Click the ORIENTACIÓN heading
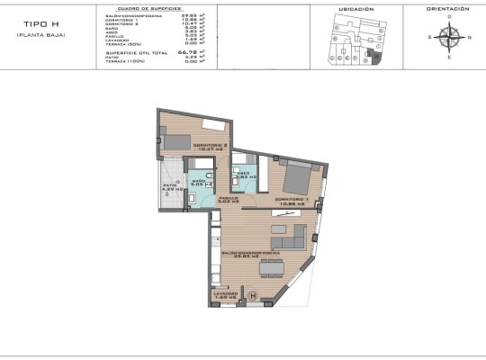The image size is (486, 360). click(x=447, y=8)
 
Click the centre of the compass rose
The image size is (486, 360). click(x=453, y=37)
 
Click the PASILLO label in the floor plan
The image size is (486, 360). click(x=228, y=199)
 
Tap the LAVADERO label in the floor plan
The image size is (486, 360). click(x=225, y=294)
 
